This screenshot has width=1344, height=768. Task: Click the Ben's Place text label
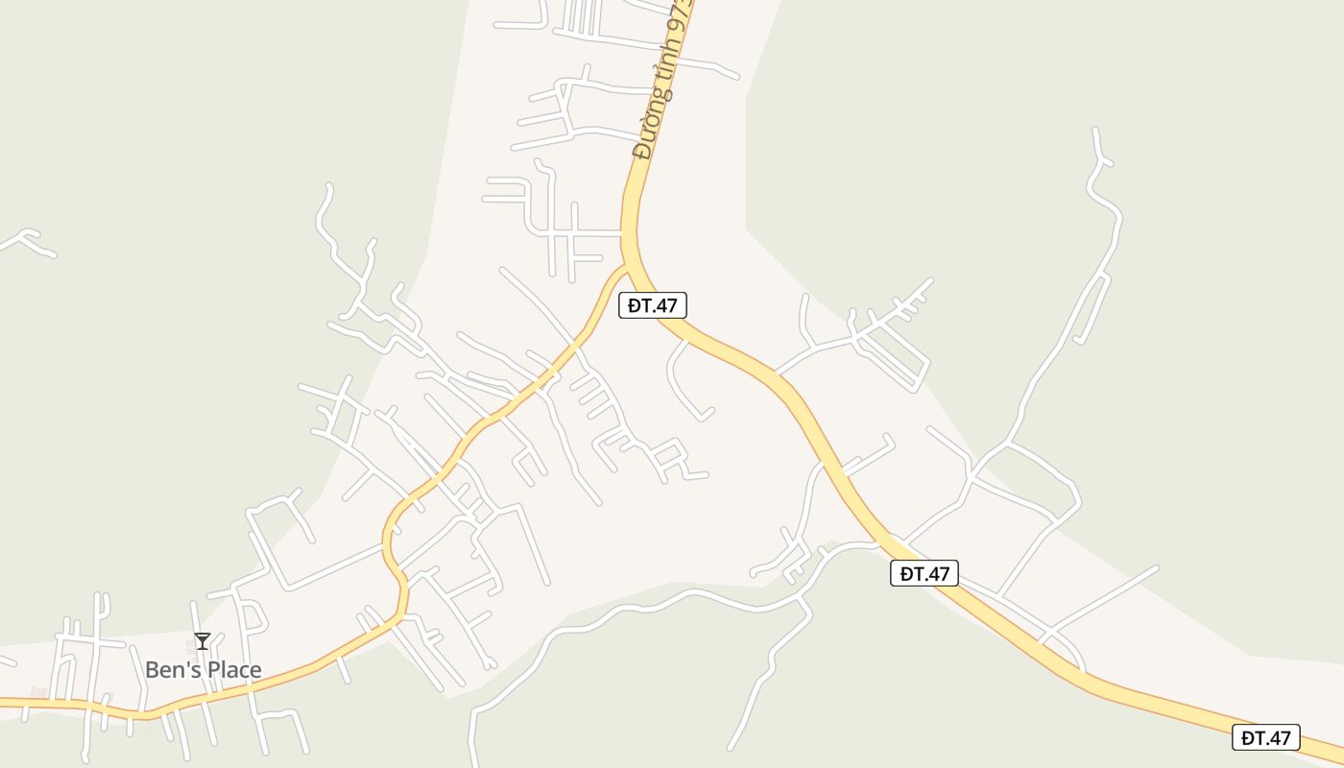click(x=203, y=669)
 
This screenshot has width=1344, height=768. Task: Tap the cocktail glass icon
click(x=202, y=641)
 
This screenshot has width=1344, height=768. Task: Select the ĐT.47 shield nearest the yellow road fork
click(x=653, y=305)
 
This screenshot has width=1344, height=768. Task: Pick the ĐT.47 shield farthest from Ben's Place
click(x=1265, y=737)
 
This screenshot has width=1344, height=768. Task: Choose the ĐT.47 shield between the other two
click(x=924, y=573)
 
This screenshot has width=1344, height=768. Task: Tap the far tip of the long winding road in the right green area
click(x=1096, y=131)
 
